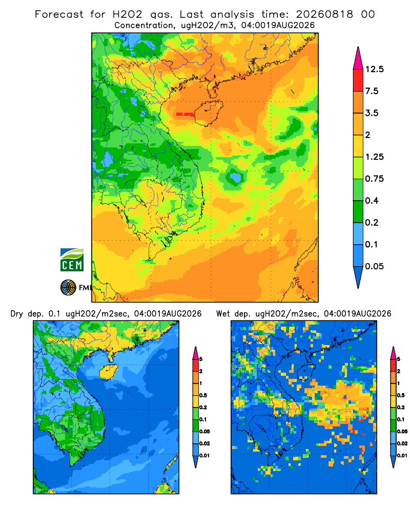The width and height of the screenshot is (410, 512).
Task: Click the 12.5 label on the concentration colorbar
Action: pos(374,69)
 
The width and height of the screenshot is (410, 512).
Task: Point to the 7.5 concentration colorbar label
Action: pos(372,91)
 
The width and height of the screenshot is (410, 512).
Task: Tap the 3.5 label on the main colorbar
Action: pos(372,113)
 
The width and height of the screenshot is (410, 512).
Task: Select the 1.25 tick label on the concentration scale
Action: pos(374,157)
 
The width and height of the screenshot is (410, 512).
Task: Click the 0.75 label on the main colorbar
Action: pos(374,179)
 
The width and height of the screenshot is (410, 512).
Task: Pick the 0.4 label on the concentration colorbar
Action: pos(372,201)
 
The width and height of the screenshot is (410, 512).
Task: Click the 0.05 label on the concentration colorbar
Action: pos(374,266)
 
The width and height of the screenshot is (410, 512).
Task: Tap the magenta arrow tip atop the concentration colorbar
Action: pos(358,48)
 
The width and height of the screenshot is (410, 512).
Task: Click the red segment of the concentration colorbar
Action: pos(358,80)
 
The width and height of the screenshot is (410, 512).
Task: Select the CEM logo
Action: pos(72,260)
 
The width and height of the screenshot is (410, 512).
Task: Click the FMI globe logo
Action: pos(68,288)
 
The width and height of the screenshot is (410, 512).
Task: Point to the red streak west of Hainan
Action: pos(185,114)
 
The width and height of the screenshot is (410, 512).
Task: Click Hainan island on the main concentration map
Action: pos(209,113)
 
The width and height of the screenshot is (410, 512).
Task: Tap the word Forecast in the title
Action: pos(59,14)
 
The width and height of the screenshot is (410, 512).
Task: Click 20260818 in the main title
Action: pos(324,14)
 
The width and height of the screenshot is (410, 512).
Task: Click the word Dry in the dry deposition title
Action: pos(17,314)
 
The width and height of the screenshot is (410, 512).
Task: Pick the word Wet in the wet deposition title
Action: pos(223,314)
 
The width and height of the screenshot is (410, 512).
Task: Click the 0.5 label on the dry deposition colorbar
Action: pos(203,395)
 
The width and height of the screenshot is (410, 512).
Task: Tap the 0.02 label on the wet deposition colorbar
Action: pos(402,443)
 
